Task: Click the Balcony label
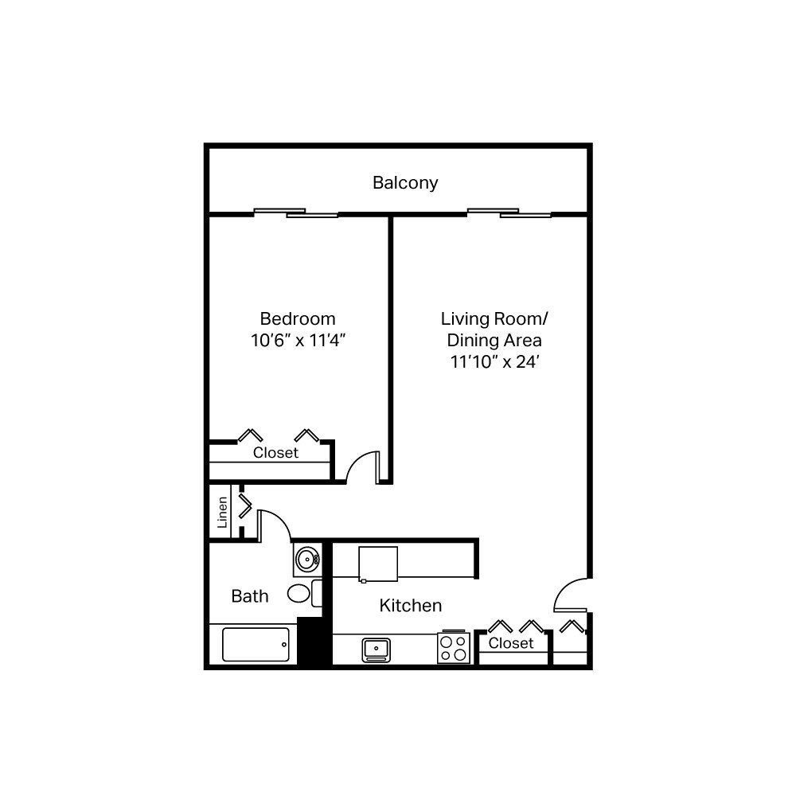click(405, 182)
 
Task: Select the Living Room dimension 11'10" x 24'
click(494, 361)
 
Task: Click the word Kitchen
click(410, 606)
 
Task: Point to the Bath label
click(250, 595)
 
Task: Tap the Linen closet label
click(223, 512)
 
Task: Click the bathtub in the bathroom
click(255, 645)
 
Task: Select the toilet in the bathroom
click(301, 593)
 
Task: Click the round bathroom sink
click(306, 560)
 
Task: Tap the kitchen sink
click(376, 650)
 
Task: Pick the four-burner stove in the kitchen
click(454, 648)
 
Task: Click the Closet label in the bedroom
click(275, 452)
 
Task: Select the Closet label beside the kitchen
click(510, 642)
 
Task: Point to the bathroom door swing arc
click(275, 522)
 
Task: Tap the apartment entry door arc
click(569, 593)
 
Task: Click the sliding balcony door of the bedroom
click(295, 213)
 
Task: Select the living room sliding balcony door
click(509, 213)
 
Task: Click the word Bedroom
click(298, 318)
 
